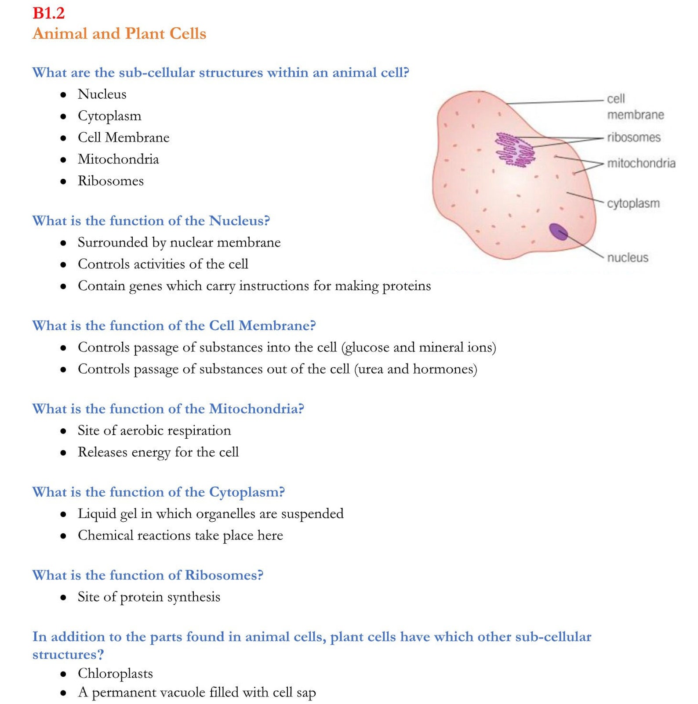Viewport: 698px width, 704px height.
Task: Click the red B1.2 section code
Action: [48, 13]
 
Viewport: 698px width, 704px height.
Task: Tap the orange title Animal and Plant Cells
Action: [119, 33]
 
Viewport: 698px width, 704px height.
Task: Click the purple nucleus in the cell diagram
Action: [558, 231]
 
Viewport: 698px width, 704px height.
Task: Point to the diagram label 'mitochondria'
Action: [641, 163]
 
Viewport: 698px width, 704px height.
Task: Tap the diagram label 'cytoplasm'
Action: [633, 204]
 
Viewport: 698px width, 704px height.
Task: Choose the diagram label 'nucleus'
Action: [627, 258]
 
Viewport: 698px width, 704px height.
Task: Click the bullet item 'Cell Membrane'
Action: [124, 137]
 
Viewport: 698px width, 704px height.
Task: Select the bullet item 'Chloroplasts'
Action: [115, 673]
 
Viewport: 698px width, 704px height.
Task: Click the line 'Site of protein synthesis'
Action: [149, 597]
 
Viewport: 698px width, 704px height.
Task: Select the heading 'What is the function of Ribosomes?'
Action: [148, 575]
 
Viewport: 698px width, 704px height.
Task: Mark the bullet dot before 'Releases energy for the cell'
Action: [63, 452]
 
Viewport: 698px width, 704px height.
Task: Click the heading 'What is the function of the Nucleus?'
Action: [151, 220]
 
